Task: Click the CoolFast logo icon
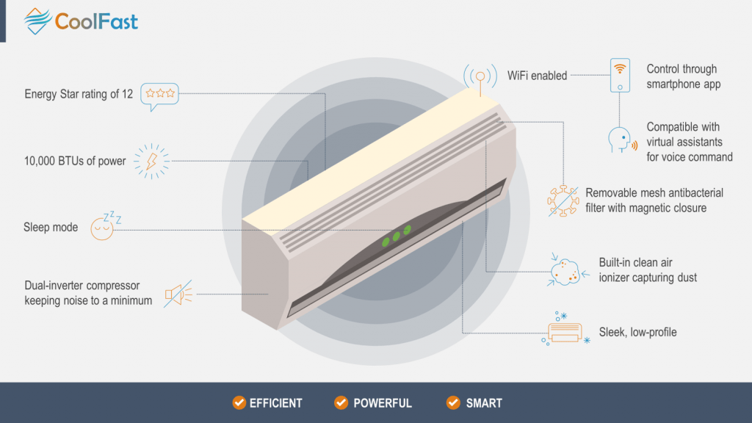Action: point(38,21)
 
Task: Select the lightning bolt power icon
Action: point(151,161)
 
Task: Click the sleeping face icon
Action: point(104,228)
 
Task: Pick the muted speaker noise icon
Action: point(177,294)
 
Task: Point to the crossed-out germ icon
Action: point(563,200)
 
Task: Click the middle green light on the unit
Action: point(396,236)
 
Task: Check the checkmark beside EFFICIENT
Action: point(239,402)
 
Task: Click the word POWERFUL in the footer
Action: point(383,403)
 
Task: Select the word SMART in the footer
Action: point(484,403)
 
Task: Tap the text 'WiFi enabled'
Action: point(537,76)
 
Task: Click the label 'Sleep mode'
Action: point(51,228)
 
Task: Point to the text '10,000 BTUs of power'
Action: point(75,161)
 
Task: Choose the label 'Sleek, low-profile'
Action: point(637,332)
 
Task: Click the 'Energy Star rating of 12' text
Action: point(79,94)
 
